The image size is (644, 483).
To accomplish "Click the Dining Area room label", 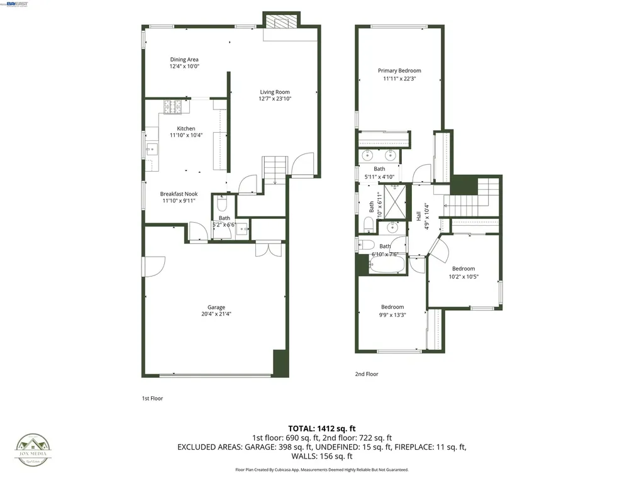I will point(184,60).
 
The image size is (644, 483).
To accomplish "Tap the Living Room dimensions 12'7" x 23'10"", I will point(275,99).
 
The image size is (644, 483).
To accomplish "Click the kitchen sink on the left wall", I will point(152,150).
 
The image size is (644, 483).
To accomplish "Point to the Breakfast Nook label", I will point(179,194).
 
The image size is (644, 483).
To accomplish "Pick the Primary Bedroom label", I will point(399,71).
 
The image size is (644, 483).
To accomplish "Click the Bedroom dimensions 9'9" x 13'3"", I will point(392,315).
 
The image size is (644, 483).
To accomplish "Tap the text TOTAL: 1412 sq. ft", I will point(322,428).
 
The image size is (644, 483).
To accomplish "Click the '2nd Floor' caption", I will point(367,374).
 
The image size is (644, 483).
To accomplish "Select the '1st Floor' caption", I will point(152,398).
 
